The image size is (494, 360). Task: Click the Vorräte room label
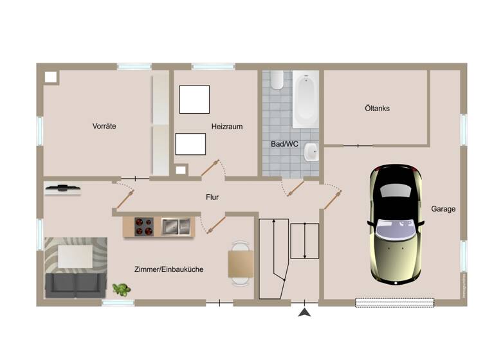104,127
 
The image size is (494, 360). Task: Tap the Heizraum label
226,127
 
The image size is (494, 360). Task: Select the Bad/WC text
284,144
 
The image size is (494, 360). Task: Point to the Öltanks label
376,109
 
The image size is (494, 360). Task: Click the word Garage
443,209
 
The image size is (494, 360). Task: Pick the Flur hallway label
212,197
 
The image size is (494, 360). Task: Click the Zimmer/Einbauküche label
169,269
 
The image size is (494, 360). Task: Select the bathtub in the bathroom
306,100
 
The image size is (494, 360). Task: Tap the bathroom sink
311,152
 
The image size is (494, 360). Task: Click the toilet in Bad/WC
277,80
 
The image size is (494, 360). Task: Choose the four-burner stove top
144,226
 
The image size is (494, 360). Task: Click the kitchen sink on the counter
176,226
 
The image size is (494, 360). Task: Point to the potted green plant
120,289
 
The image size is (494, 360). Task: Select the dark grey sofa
75,283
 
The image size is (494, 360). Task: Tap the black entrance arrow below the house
305,312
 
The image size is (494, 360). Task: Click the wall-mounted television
63,188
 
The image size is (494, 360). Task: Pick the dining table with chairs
240,263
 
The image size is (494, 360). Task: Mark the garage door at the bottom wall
395,302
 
